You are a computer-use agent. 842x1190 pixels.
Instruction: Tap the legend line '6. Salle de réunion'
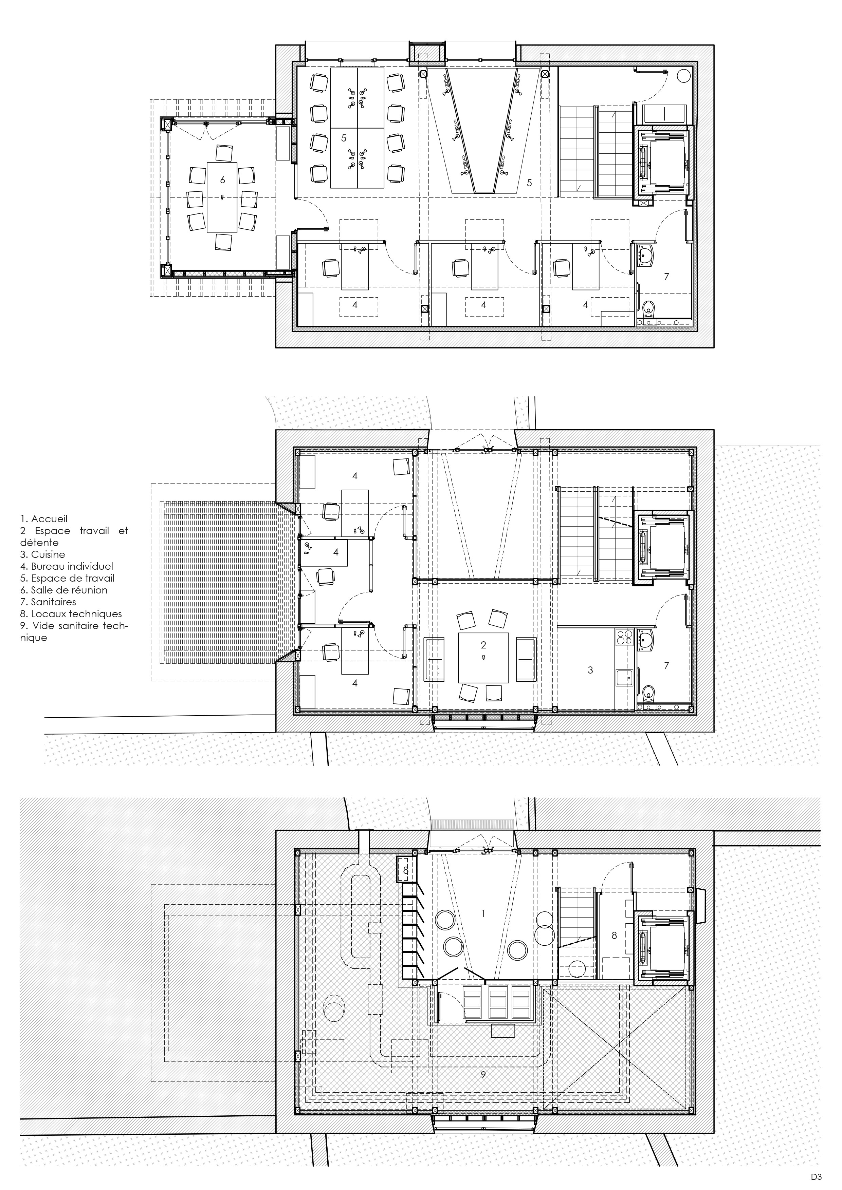[64, 590]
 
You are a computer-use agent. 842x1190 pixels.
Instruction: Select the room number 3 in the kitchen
[590, 670]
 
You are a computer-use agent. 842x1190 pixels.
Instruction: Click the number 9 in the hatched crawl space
[483, 1075]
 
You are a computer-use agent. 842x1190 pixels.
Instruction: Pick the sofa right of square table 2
[527, 659]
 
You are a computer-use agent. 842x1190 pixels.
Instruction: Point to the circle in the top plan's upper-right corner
[684, 76]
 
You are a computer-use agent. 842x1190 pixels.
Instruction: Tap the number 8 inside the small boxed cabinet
[406, 870]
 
